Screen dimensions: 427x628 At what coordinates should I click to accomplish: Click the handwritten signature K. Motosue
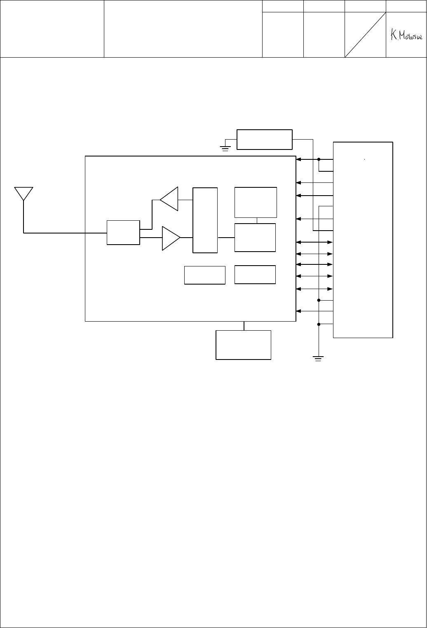(x=405, y=35)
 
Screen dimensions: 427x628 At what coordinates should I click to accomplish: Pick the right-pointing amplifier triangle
(x=170, y=238)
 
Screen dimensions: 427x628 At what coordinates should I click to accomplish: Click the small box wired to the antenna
(x=123, y=233)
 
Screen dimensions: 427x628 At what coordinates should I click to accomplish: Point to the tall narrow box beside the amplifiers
(x=205, y=220)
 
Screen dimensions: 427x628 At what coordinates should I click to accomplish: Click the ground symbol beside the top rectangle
(x=225, y=148)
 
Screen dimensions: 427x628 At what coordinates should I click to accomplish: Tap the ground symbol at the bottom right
(x=318, y=358)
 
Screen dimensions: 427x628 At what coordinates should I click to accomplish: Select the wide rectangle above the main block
(x=265, y=140)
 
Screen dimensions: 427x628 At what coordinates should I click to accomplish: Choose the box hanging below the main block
(x=244, y=345)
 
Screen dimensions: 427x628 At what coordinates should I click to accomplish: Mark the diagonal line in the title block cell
(x=365, y=35)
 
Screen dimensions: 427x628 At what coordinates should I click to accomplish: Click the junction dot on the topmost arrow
(x=319, y=159)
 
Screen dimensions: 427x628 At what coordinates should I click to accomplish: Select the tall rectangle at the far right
(x=363, y=240)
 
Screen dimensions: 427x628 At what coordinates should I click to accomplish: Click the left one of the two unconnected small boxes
(x=205, y=275)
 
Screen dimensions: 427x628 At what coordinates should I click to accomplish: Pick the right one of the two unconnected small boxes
(x=255, y=275)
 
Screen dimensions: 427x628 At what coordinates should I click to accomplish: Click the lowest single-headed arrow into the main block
(x=314, y=311)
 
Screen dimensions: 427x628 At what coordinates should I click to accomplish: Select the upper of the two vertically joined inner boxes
(x=256, y=202)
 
